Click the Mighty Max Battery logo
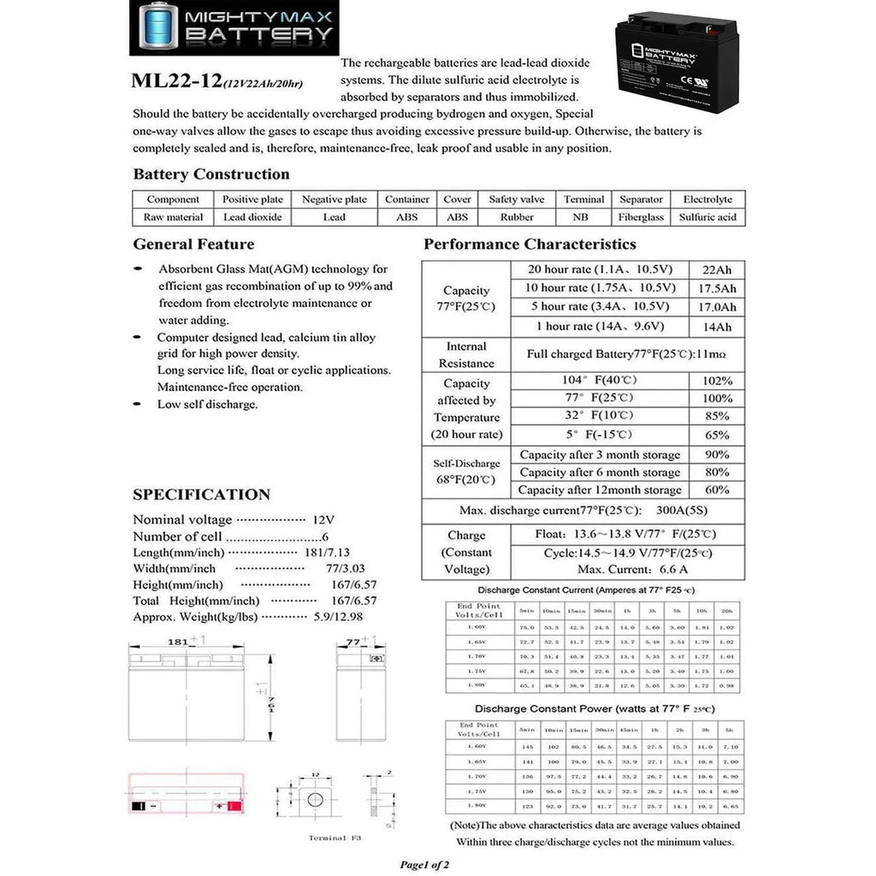click(x=234, y=27)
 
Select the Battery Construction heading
click(x=211, y=175)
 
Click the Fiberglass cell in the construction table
click(x=642, y=217)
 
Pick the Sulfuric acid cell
click(x=707, y=217)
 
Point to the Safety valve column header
click(x=516, y=199)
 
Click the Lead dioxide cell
click(x=252, y=217)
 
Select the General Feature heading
click(x=193, y=244)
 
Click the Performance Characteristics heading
click(x=530, y=245)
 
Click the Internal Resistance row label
click(x=466, y=355)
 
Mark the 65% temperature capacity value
click(x=718, y=434)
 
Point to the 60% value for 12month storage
click(x=717, y=490)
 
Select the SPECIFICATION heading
click(x=201, y=494)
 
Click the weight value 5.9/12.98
click(x=349, y=616)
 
